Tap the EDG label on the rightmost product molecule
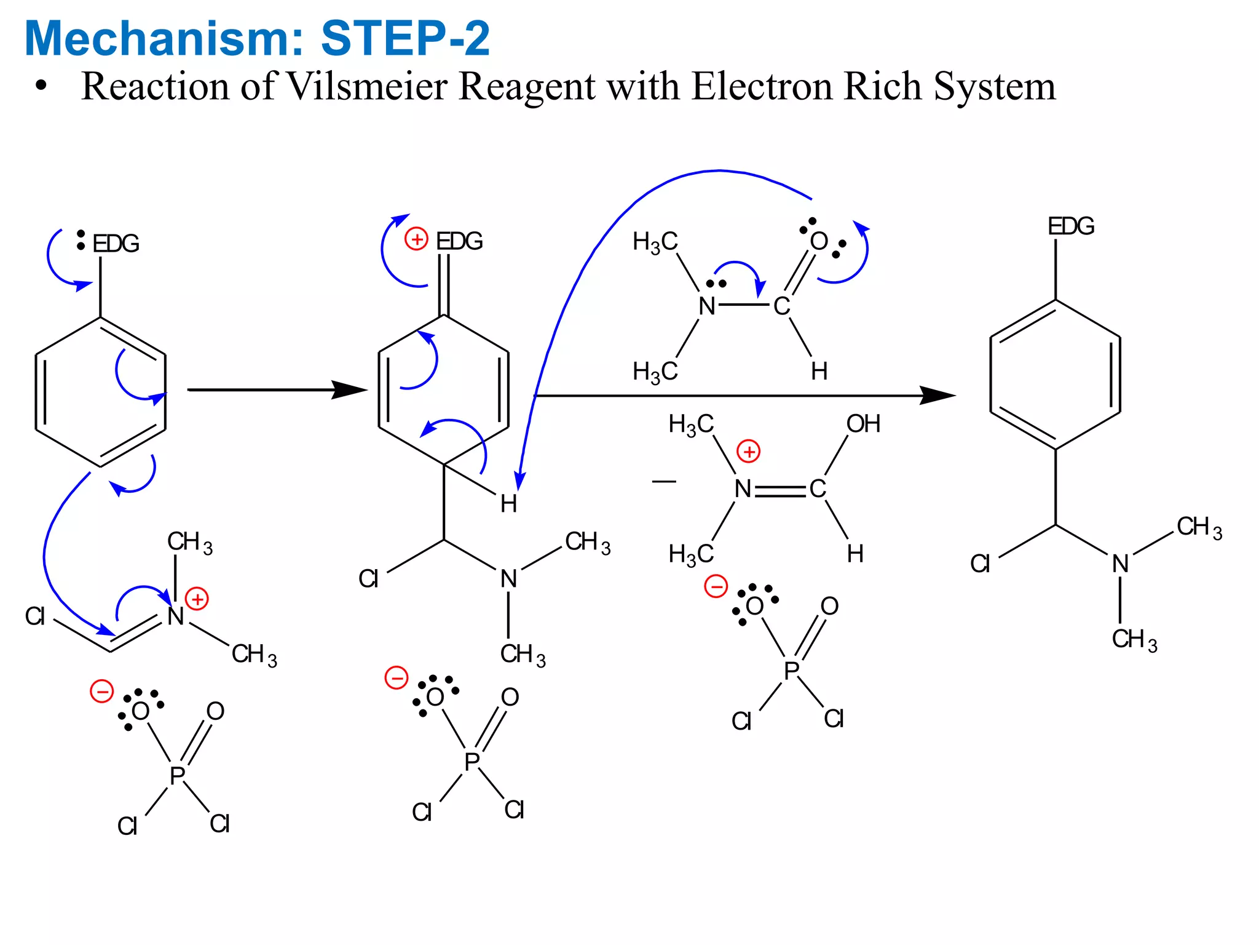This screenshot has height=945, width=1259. pos(1071,226)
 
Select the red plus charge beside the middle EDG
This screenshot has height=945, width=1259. pos(416,239)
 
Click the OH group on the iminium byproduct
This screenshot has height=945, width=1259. pos(863,424)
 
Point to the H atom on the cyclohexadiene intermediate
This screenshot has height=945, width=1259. pos(508,504)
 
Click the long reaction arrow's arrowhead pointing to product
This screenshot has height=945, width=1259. pos(937,396)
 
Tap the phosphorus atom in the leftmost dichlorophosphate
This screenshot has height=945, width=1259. pos(177,776)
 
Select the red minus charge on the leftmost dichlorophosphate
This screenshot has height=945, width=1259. pos(102,691)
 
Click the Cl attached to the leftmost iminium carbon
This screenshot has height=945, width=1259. pos(35,616)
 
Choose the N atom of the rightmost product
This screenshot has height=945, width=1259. pos(1120,564)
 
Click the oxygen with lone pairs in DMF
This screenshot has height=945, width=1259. pos(819,241)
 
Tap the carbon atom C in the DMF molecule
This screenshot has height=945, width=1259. pos(781,306)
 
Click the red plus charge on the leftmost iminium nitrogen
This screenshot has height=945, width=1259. pos(197,599)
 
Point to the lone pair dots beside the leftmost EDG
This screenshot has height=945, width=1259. pos(81,240)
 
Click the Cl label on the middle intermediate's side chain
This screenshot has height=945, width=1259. pos(368,579)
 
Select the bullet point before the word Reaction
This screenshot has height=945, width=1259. pos(41,86)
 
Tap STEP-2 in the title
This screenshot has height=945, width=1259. pos(405,38)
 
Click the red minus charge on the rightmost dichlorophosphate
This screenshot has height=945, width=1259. pos(716,586)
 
